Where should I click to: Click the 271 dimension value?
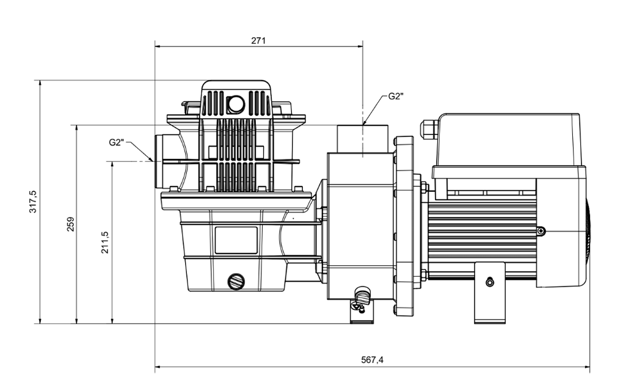pyautogui.click(x=258, y=40)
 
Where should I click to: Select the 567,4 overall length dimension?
pyautogui.click(x=373, y=360)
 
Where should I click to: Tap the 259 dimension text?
pyautogui.click(x=70, y=224)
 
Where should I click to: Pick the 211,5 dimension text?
pyautogui.click(x=104, y=242)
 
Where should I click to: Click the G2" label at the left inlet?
pyautogui.click(x=117, y=142)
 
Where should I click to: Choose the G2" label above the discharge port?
pyautogui.click(x=396, y=97)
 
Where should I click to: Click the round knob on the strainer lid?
pyautogui.click(x=236, y=105)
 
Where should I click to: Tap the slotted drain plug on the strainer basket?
pyautogui.click(x=236, y=282)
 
